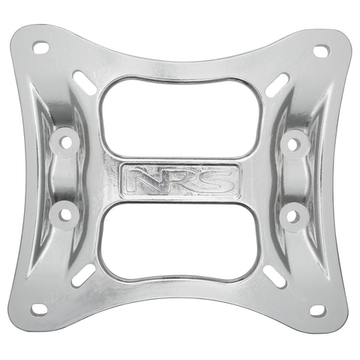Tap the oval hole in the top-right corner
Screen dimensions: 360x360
[321, 51]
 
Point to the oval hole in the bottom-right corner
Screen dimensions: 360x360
[317, 310]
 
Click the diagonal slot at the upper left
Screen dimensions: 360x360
[85, 83]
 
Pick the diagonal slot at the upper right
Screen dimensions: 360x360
[277, 85]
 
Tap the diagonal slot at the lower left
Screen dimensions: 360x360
[83, 274]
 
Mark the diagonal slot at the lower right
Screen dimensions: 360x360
[276, 276]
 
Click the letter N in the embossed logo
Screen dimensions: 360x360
[141, 179]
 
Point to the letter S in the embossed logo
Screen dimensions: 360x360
[217, 179]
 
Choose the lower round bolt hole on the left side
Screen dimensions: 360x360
[65, 214]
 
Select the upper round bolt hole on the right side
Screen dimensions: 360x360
[295, 141]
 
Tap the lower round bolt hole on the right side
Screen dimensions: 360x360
[293, 216]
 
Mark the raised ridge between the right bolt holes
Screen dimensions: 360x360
[295, 179]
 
